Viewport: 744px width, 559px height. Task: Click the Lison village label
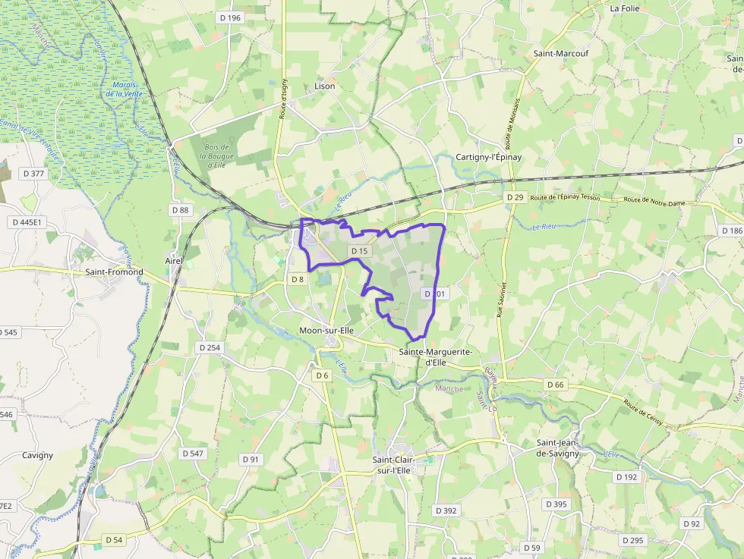324,86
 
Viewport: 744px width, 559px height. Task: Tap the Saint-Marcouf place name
561,54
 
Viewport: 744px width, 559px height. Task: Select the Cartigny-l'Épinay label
489,157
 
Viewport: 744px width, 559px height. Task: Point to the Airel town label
174,261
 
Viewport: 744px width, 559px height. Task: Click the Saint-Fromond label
114,272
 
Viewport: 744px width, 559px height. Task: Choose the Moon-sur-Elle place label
326,331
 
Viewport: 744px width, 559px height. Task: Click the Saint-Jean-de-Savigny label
558,448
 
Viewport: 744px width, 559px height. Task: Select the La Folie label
626,8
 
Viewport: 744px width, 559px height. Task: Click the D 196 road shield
229,17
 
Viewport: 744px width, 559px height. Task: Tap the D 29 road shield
515,197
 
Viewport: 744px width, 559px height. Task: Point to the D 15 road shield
359,251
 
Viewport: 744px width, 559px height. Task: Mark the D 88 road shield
180,209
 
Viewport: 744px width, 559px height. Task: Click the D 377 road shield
34,174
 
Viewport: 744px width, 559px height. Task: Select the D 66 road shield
555,385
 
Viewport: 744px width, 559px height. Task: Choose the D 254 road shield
209,347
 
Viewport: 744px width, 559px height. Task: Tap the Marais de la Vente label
124,89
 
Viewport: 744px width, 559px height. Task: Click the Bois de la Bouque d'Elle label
215,155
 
